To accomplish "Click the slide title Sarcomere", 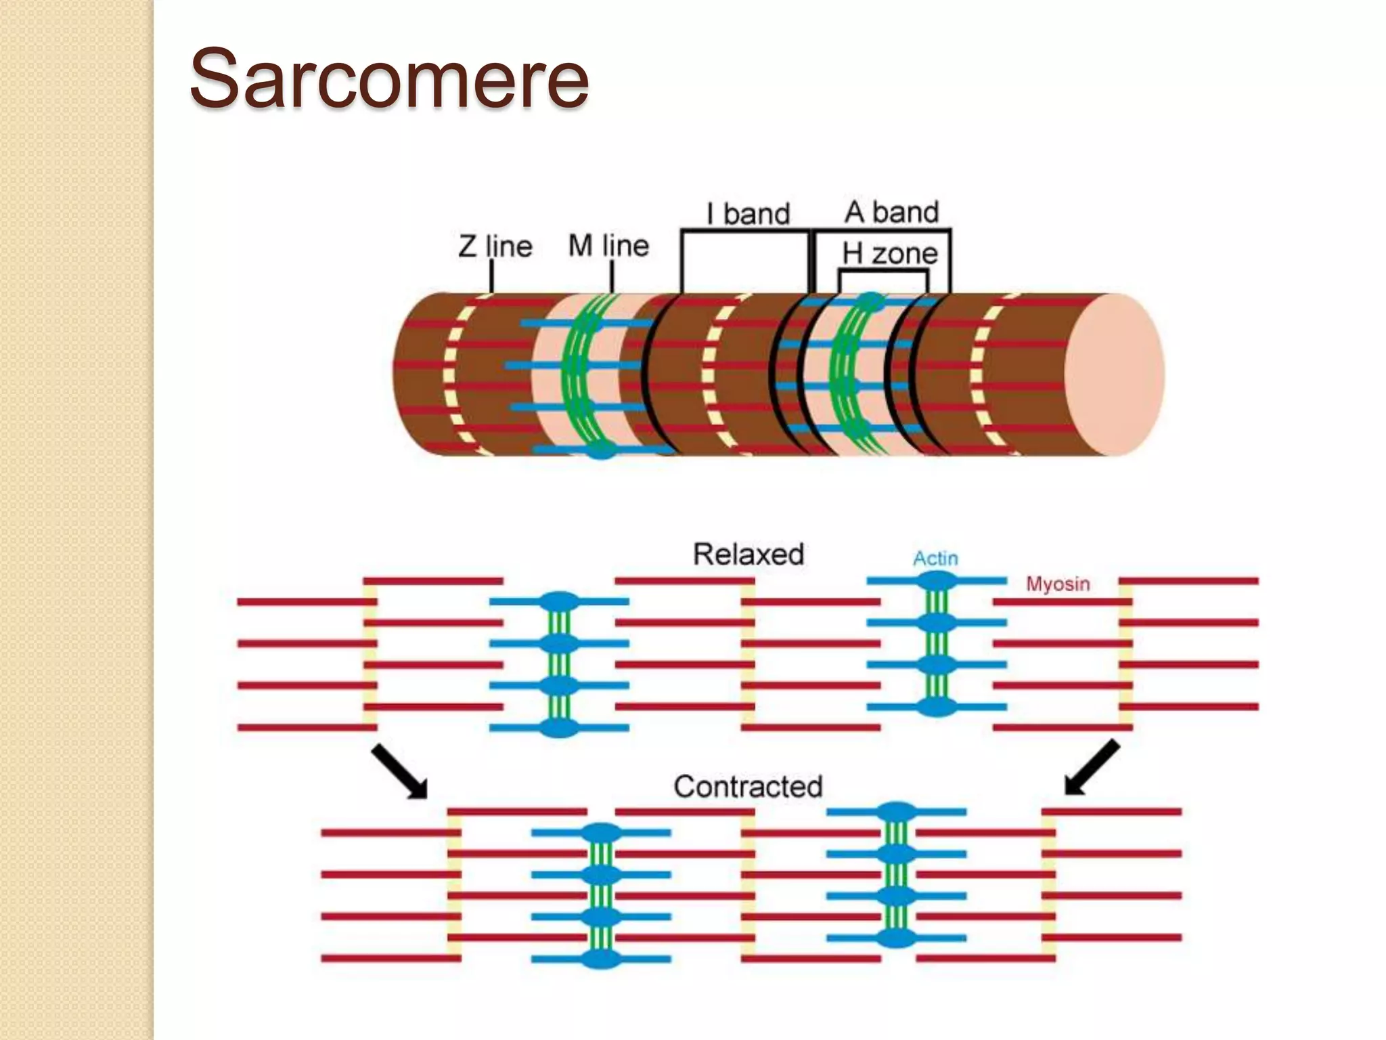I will [x=389, y=80].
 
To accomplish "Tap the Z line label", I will [x=495, y=246].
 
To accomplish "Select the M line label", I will [x=608, y=246].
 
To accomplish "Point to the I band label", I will [x=748, y=214].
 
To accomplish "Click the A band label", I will [x=892, y=213].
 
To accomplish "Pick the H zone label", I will [x=890, y=254].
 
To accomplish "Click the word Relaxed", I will [x=748, y=555].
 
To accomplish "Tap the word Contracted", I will [x=748, y=787].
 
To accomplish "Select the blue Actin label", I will [x=935, y=559].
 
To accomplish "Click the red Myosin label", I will [x=1058, y=584].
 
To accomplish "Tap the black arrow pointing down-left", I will [x=1092, y=767].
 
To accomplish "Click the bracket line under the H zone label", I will [x=882, y=272].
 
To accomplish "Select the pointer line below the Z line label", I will [x=491, y=276].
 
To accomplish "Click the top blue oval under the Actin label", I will [x=937, y=581].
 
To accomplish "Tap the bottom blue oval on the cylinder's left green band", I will [x=600, y=450].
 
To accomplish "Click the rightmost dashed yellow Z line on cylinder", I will [x=979, y=374].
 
